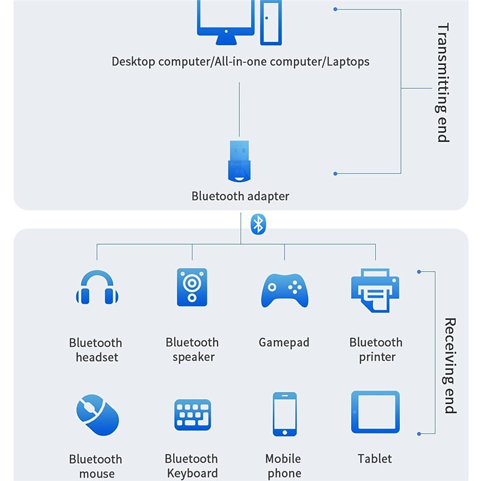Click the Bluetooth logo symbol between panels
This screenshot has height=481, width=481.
[258, 224]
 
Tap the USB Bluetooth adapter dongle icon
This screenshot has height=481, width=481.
[239, 162]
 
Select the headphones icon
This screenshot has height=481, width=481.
[97, 288]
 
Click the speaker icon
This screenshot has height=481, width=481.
[192, 286]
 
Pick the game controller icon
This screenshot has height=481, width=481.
[284, 290]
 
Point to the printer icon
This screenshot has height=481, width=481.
[375, 290]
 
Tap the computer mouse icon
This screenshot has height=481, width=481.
[97, 414]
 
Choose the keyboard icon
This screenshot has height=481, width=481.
[192, 415]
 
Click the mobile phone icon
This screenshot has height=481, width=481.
[284, 414]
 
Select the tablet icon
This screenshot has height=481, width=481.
[375, 412]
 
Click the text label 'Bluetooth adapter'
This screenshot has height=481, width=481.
[240, 196]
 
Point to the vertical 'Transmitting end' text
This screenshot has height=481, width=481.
[443, 82]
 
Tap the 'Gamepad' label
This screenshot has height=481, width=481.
[284, 343]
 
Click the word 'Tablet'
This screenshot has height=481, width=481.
[375, 459]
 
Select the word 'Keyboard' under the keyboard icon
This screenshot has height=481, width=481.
[192, 473]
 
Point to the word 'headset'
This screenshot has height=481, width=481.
[97, 357]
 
